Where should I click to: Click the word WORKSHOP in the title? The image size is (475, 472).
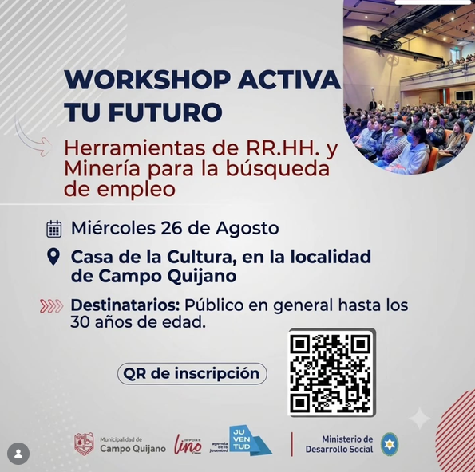click(x=147, y=80)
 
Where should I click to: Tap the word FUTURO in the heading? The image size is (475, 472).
click(x=166, y=112)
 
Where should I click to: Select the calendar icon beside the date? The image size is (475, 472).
click(x=54, y=229)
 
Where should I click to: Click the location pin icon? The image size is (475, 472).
click(x=53, y=257)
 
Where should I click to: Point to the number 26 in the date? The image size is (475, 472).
click(x=171, y=228)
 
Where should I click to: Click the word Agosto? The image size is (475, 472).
click(x=247, y=229)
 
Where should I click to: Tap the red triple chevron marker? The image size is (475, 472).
click(x=52, y=306)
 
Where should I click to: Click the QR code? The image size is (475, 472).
click(x=332, y=373)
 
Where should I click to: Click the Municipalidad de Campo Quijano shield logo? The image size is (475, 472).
click(x=84, y=444)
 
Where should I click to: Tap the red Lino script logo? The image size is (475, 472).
click(x=188, y=444)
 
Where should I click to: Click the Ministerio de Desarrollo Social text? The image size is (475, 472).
click(x=339, y=444)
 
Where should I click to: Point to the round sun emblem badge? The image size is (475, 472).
click(x=390, y=444)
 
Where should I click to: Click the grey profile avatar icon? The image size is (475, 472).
click(x=18, y=454)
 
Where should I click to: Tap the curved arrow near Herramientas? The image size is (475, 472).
click(x=33, y=140)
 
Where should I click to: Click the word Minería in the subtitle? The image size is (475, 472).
click(x=102, y=169)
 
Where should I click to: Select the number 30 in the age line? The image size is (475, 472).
click(x=80, y=323)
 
